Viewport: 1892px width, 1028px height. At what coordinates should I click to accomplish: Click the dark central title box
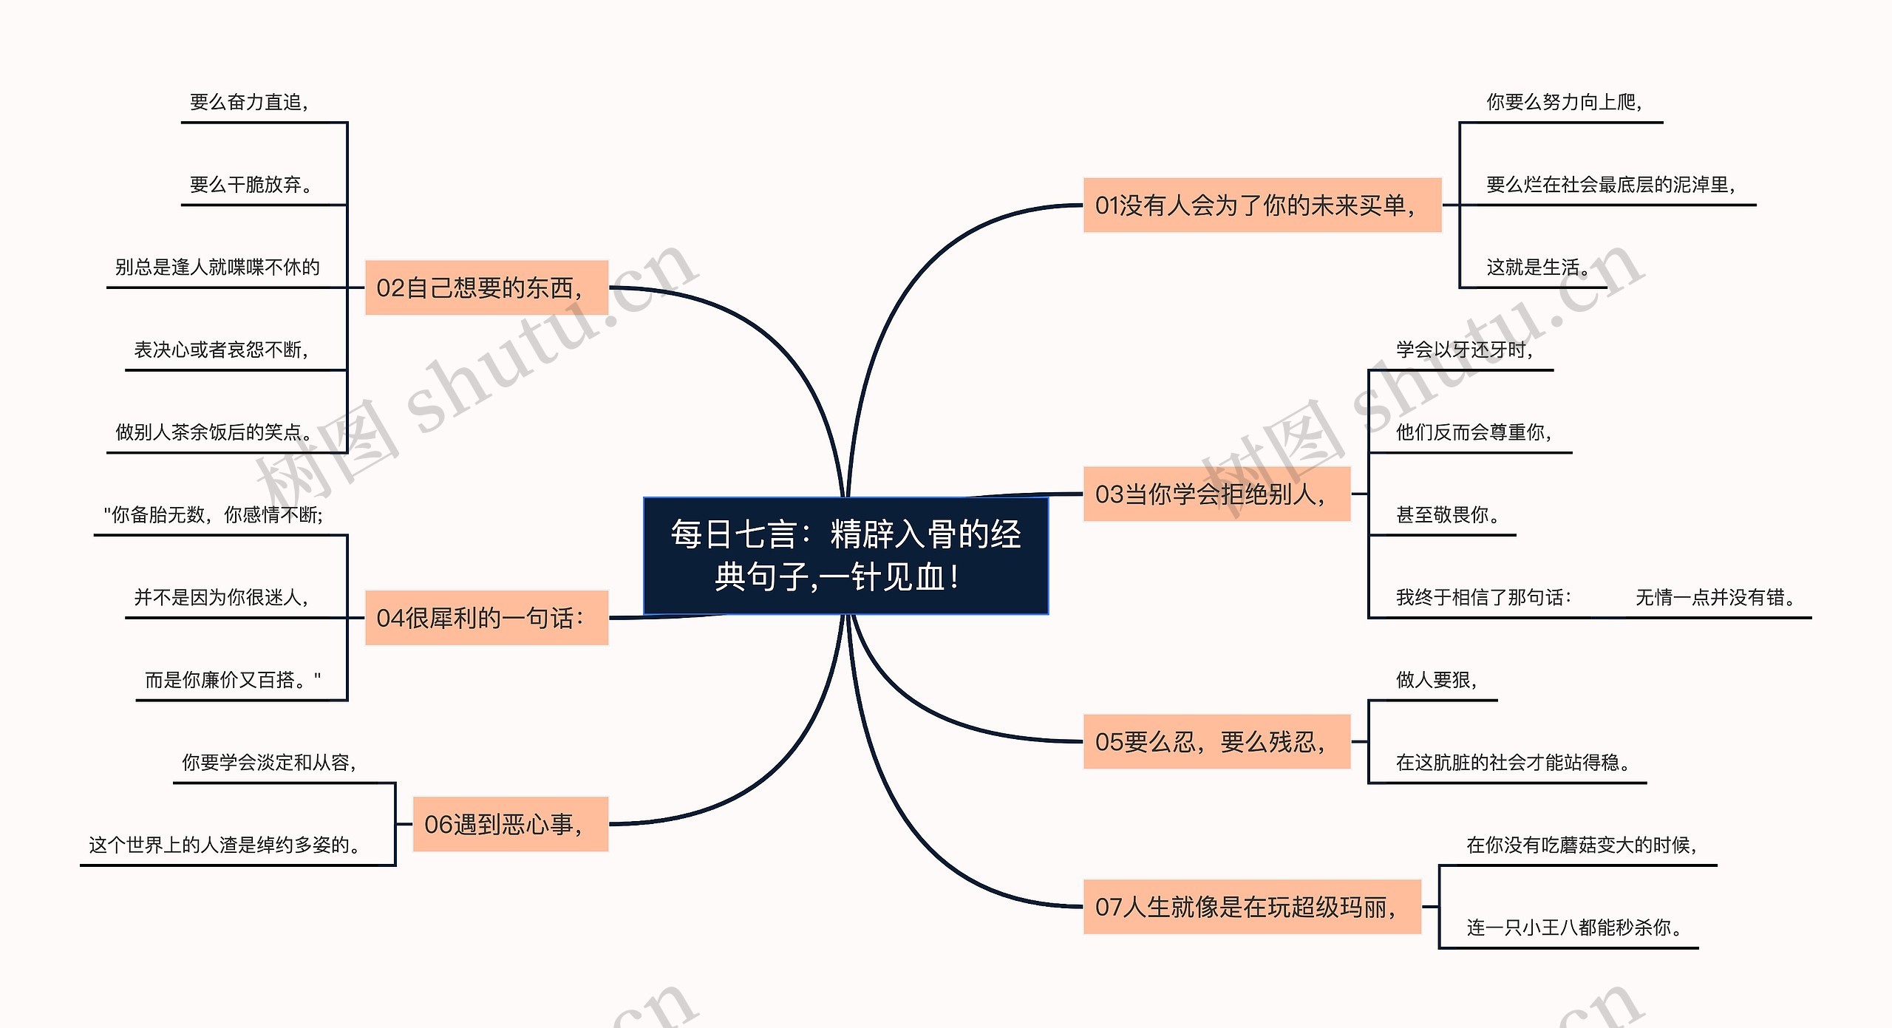point(845,556)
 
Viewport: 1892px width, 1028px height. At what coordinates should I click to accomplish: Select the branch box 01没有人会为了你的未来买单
point(1262,205)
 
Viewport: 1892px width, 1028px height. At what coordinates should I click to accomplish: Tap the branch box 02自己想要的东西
point(486,287)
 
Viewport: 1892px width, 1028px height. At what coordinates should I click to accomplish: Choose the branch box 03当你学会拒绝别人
point(1216,494)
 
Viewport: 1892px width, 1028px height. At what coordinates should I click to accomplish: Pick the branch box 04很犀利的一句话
point(486,618)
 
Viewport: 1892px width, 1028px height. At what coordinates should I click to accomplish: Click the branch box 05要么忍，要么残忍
point(1216,741)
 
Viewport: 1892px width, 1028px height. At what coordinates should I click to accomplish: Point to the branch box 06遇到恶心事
point(510,824)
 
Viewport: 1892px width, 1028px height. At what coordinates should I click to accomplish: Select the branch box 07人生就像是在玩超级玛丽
point(1251,907)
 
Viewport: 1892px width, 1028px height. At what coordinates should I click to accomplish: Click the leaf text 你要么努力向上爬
point(1563,102)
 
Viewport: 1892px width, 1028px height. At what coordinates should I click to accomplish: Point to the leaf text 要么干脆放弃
point(251,184)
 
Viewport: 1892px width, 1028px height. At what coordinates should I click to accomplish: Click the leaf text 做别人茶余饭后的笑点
point(214,432)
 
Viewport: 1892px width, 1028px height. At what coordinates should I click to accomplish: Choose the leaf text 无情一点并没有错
point(1715,597)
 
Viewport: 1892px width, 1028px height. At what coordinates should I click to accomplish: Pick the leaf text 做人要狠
point(1436,680)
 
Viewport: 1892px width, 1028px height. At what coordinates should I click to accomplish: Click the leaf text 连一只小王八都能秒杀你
point(1574,927)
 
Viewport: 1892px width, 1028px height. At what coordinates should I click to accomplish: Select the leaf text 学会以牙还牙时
point(1464,350)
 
